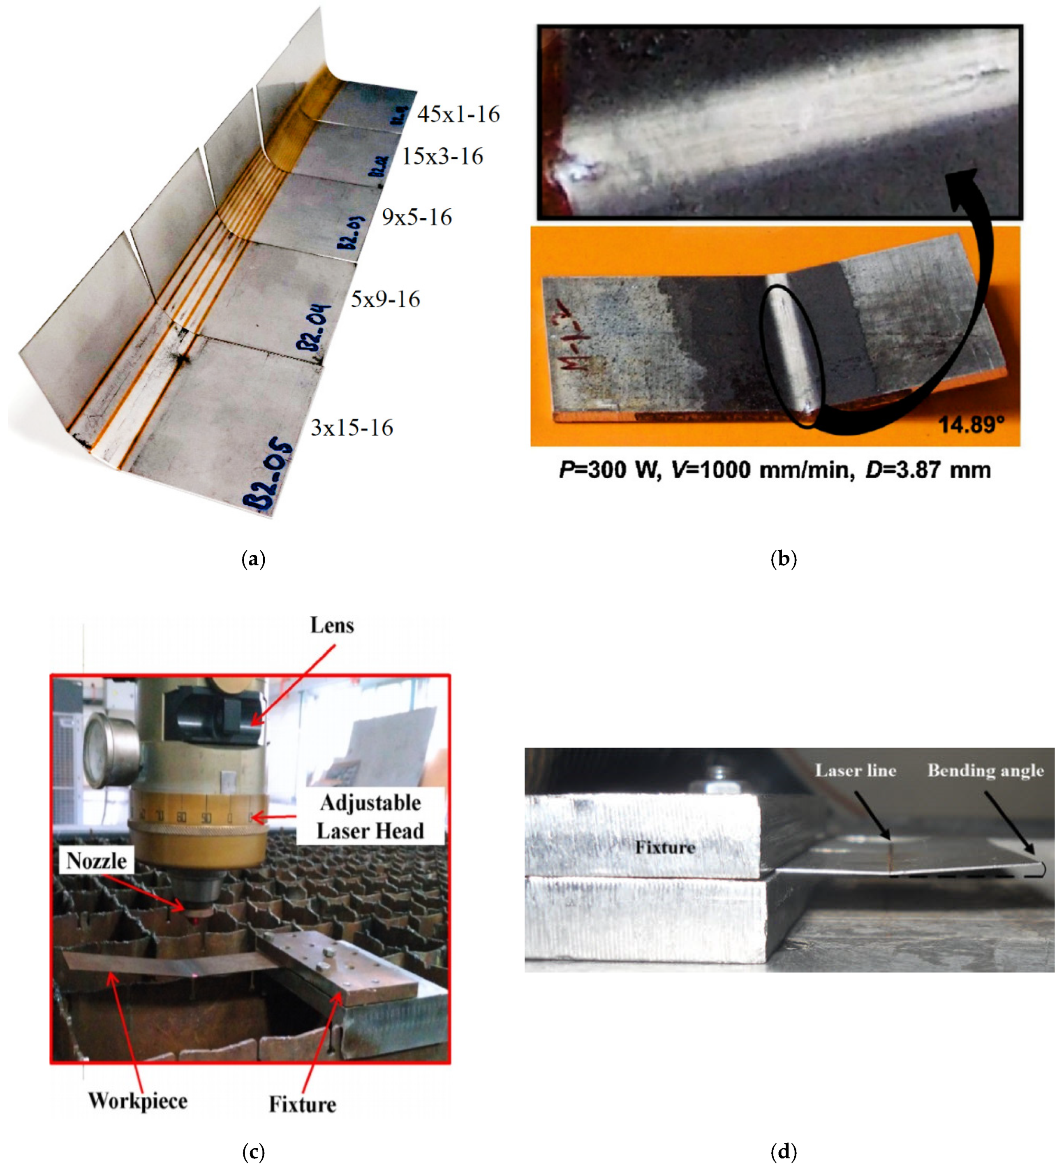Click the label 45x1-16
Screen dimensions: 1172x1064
point(458,114)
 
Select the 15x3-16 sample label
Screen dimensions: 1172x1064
point(442,156)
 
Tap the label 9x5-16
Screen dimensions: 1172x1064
point(416,218)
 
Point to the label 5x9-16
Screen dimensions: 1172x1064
point(385,299)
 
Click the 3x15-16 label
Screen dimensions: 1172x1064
point(352,428)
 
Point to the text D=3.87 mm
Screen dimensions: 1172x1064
point(928,470)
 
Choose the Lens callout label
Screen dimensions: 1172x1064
point(332,625)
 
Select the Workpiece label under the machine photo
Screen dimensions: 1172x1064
point(138,1101)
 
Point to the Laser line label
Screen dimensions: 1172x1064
point(856,771)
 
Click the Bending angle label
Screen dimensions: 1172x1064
point(985,771)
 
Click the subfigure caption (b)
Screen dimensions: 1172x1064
point(783,559)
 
